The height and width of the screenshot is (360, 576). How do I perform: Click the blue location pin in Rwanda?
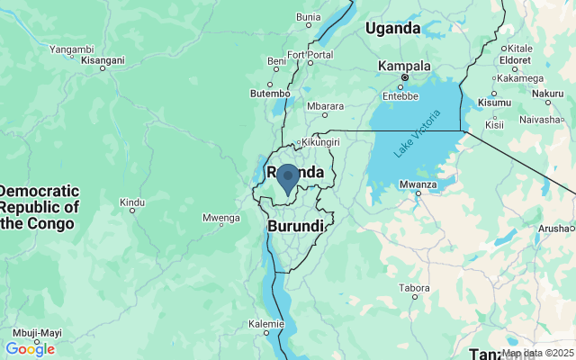(x=287, y=178)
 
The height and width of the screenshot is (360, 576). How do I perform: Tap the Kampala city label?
(x=404, y=66)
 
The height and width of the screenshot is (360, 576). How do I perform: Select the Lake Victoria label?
(x=418, y=134)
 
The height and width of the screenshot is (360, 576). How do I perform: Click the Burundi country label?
(x=295, y=226)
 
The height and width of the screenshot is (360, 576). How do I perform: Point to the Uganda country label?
(x=392, y=29)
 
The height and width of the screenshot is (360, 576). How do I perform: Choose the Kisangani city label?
(x=103, y=61)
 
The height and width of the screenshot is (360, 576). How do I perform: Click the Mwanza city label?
(x=418, y=185)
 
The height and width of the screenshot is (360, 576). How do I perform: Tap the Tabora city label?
(x=415, y=289)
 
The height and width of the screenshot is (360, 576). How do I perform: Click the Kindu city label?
(x=132, y=202)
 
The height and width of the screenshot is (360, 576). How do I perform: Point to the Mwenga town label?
(x=220, y=217)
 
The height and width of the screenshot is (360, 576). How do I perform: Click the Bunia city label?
(x=309, y=16)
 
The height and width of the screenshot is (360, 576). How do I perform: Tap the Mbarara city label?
(x=325, y=105)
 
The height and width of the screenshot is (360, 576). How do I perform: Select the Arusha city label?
(x=553, y=229)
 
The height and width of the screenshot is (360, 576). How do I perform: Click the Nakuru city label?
(x=548, y=93)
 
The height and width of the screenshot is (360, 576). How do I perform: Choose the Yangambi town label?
(x=71, y=49)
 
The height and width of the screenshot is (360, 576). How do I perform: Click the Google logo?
(x=30, y=349)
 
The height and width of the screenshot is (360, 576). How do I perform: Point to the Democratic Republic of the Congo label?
(x=40, y=207)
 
